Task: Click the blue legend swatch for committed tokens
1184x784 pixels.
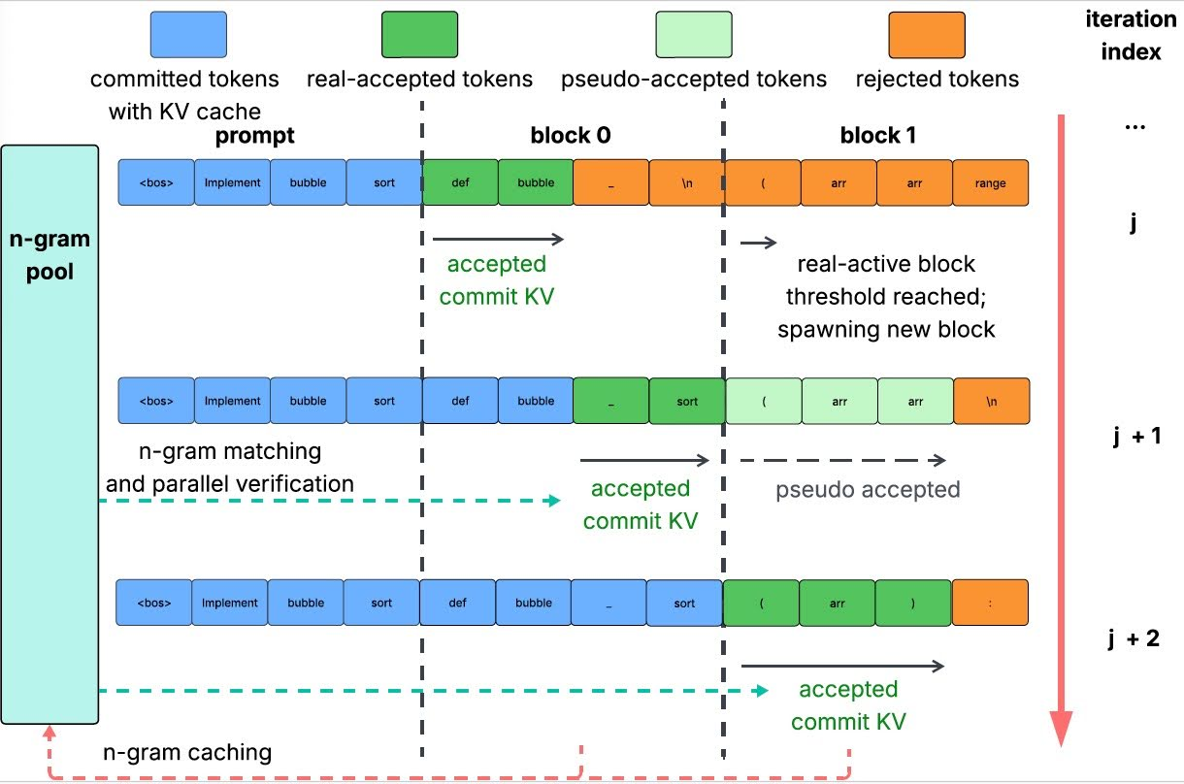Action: [188, 37]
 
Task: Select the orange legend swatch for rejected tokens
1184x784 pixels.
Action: [927, 37]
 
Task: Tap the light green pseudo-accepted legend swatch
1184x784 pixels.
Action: [693, 37]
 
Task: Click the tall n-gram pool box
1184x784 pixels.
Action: [50, 434]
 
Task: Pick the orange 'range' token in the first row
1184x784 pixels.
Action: [991, 182]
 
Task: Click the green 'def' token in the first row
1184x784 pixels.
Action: [460, 182]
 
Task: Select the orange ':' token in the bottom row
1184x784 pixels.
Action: [990, 603]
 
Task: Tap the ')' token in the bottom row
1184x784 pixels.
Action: [913, 603]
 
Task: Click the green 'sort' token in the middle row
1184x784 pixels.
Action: [687, 401]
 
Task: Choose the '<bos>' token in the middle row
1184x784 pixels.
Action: [156, 401]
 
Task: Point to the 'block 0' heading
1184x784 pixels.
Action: [571, 137]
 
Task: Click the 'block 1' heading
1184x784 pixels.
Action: [877, 137]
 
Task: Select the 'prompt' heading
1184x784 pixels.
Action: [254, 137]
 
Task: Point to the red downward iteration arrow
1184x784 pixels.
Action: [1062, 427]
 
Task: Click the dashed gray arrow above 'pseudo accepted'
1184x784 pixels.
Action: [841, 461]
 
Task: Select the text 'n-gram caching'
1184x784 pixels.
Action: [187, 752]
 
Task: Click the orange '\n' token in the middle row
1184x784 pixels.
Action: [991, 401]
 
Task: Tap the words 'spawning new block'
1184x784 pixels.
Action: [886, 329]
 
